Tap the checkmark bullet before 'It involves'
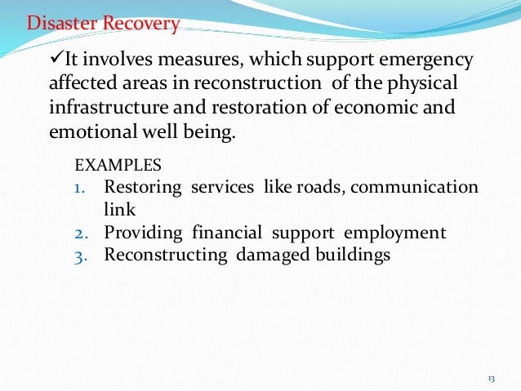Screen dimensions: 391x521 point(56,60)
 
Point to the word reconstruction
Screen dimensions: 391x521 point(283,84)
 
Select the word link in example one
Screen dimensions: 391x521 point(119,209)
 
